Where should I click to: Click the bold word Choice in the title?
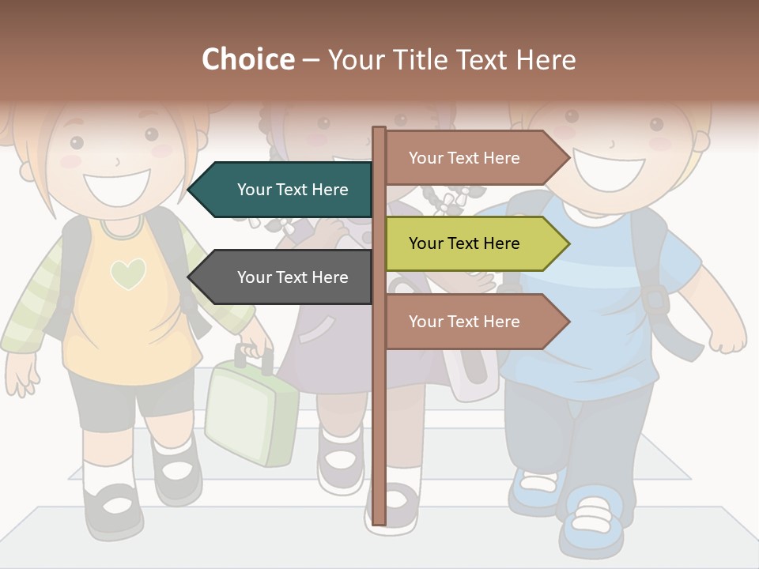[x=247, y=60]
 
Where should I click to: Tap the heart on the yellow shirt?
[x=127, y=273]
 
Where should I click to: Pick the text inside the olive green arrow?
[x=464, y=243]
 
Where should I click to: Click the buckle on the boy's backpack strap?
[x=655, y=299]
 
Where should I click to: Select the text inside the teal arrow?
[x=293, y=190]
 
